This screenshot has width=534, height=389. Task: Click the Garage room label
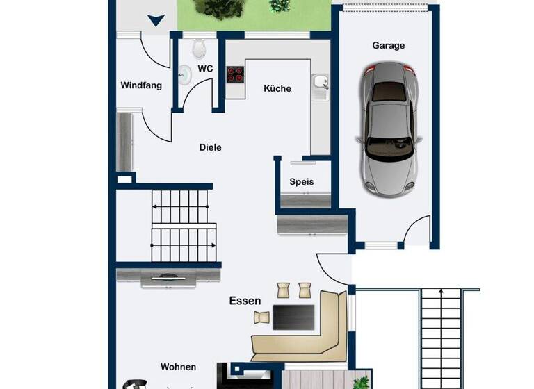(x=388, y=46)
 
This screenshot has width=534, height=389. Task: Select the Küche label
(x=277, y=89)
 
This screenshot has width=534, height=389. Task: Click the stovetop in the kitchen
(x=235, y=74)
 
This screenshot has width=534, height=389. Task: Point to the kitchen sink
(x=320, y=83)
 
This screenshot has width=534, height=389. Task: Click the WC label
(x=205, y=69)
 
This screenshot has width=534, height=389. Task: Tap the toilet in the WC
(x=200, y=47)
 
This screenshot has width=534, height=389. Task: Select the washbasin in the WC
(x=184, y=74)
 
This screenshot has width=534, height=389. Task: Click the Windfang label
(x=141, y=86)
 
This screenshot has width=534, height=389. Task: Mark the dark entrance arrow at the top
(x=156, y=21)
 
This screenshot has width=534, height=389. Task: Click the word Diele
(x=210, y=147)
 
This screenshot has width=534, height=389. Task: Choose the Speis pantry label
(x=302, y=182)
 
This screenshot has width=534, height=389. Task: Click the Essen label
(x=245, y=301)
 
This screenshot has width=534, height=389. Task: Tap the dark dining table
(x=293, y=317)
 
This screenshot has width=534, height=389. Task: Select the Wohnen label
(x=178, y=367)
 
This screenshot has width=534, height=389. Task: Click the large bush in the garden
(x=219, y=8)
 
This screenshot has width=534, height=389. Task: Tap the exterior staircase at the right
(x=441, y=337)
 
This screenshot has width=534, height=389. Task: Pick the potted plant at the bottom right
(x=362, y=381)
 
